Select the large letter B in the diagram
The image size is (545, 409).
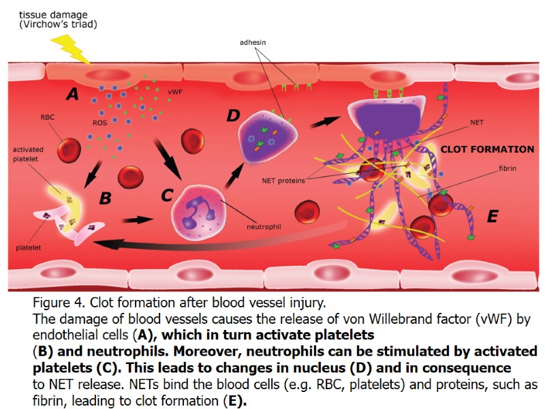pyautogui.click(x=105, y=198)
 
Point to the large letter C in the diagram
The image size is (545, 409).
pyautogui.click(x=167, y=196)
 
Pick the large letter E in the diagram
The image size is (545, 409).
pyautogui.click(x=493, y=216)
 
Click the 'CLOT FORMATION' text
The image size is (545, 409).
pyautogui.click(x=487, y=149)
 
